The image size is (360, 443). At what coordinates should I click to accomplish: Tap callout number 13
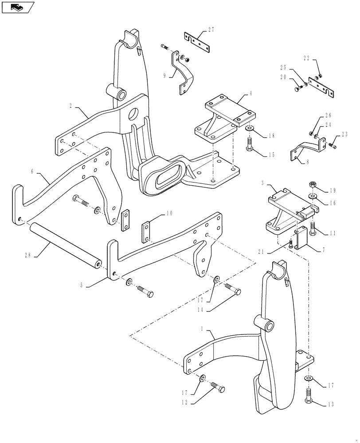pos(332,404)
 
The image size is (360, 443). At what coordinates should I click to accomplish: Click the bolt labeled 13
pos(308,396)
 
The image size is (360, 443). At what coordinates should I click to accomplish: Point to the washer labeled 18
pos(250,129)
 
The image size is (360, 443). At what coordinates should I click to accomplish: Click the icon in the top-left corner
pos(17,7)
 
